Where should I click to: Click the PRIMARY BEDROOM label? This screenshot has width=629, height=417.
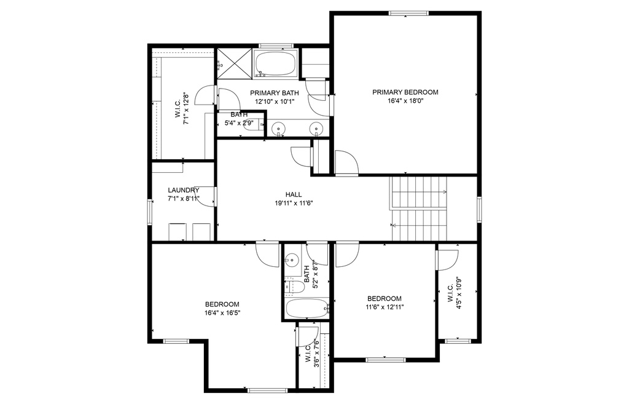[405, 92]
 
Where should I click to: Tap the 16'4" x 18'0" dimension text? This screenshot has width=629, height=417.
[405, 101]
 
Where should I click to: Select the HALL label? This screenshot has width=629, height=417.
[294, 194]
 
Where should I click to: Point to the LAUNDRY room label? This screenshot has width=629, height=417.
[183, 190]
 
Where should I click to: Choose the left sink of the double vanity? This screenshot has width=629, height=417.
[278, 129]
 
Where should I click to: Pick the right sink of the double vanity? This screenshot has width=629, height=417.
[316, 129]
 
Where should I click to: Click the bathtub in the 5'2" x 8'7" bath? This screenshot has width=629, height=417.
[307, 308]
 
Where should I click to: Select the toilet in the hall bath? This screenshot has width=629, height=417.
[294, 287]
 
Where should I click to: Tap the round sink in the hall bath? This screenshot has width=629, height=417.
[292, 260]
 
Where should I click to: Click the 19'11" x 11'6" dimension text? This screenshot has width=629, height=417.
[294, 204]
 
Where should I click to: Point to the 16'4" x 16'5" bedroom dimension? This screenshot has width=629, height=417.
[222, 312]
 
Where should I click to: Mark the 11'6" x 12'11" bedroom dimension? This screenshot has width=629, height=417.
[385, 308]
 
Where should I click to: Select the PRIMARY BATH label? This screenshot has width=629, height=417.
[275, 93]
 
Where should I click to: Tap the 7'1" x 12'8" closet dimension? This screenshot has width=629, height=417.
[186, 109]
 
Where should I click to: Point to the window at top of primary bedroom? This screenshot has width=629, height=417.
[408, 14]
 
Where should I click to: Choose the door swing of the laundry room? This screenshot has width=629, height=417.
[208, 197]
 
